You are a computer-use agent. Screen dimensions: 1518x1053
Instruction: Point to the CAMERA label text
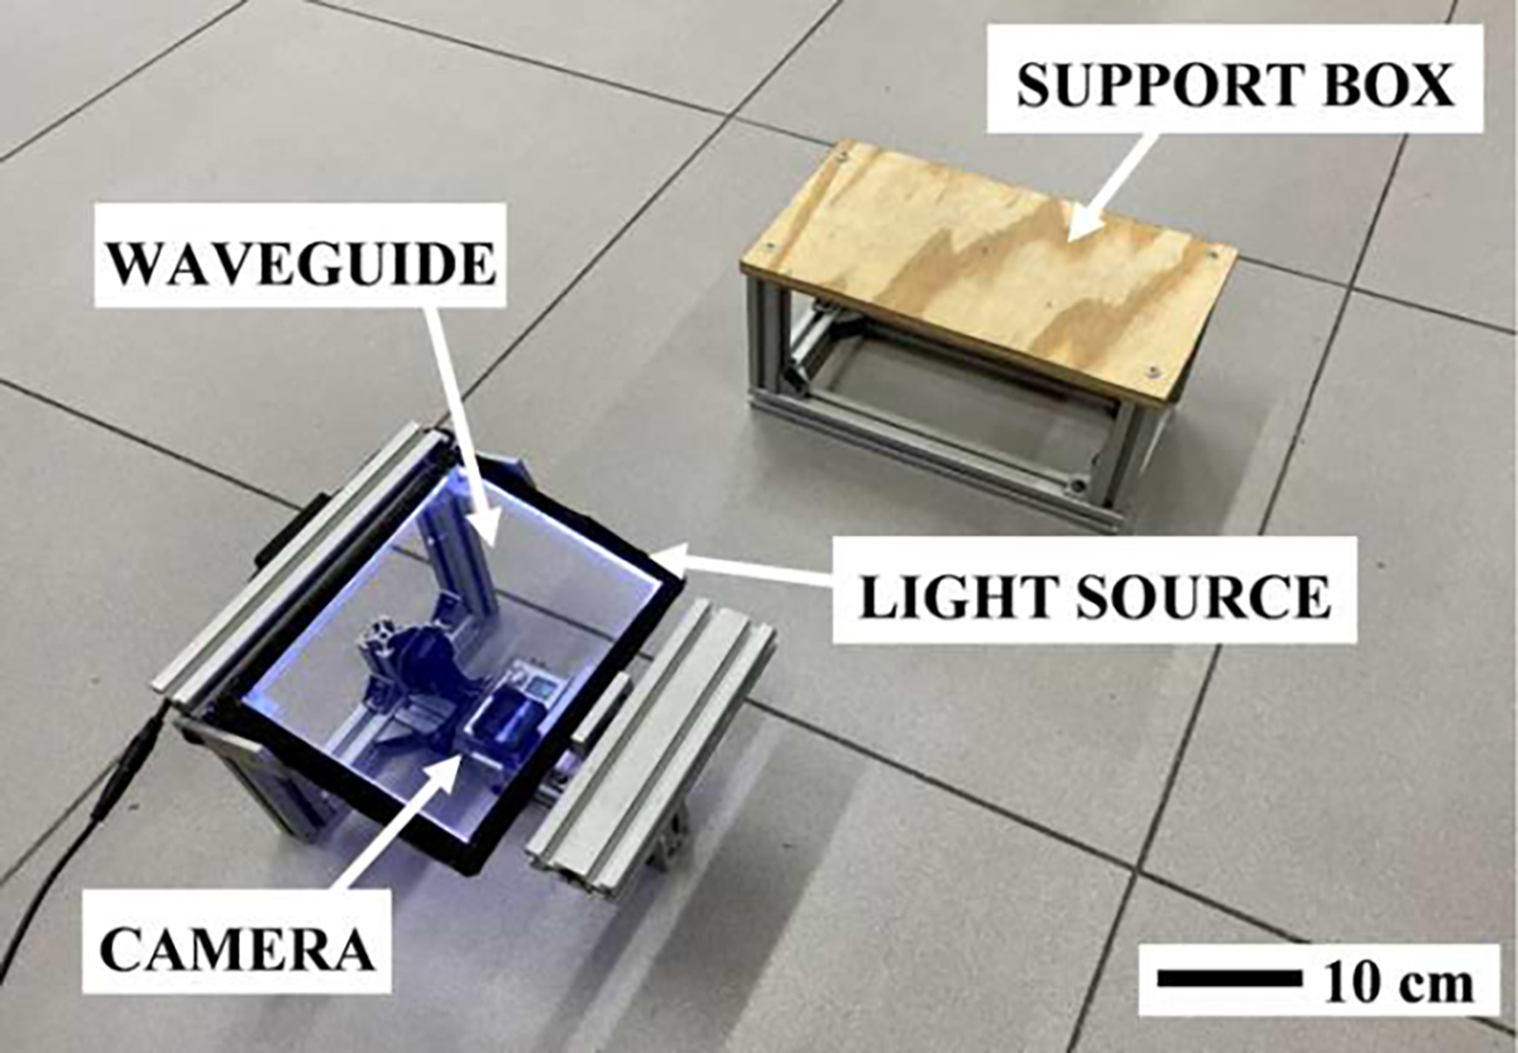(237, 949)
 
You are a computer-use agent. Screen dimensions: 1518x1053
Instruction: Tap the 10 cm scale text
(1398, 982)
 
